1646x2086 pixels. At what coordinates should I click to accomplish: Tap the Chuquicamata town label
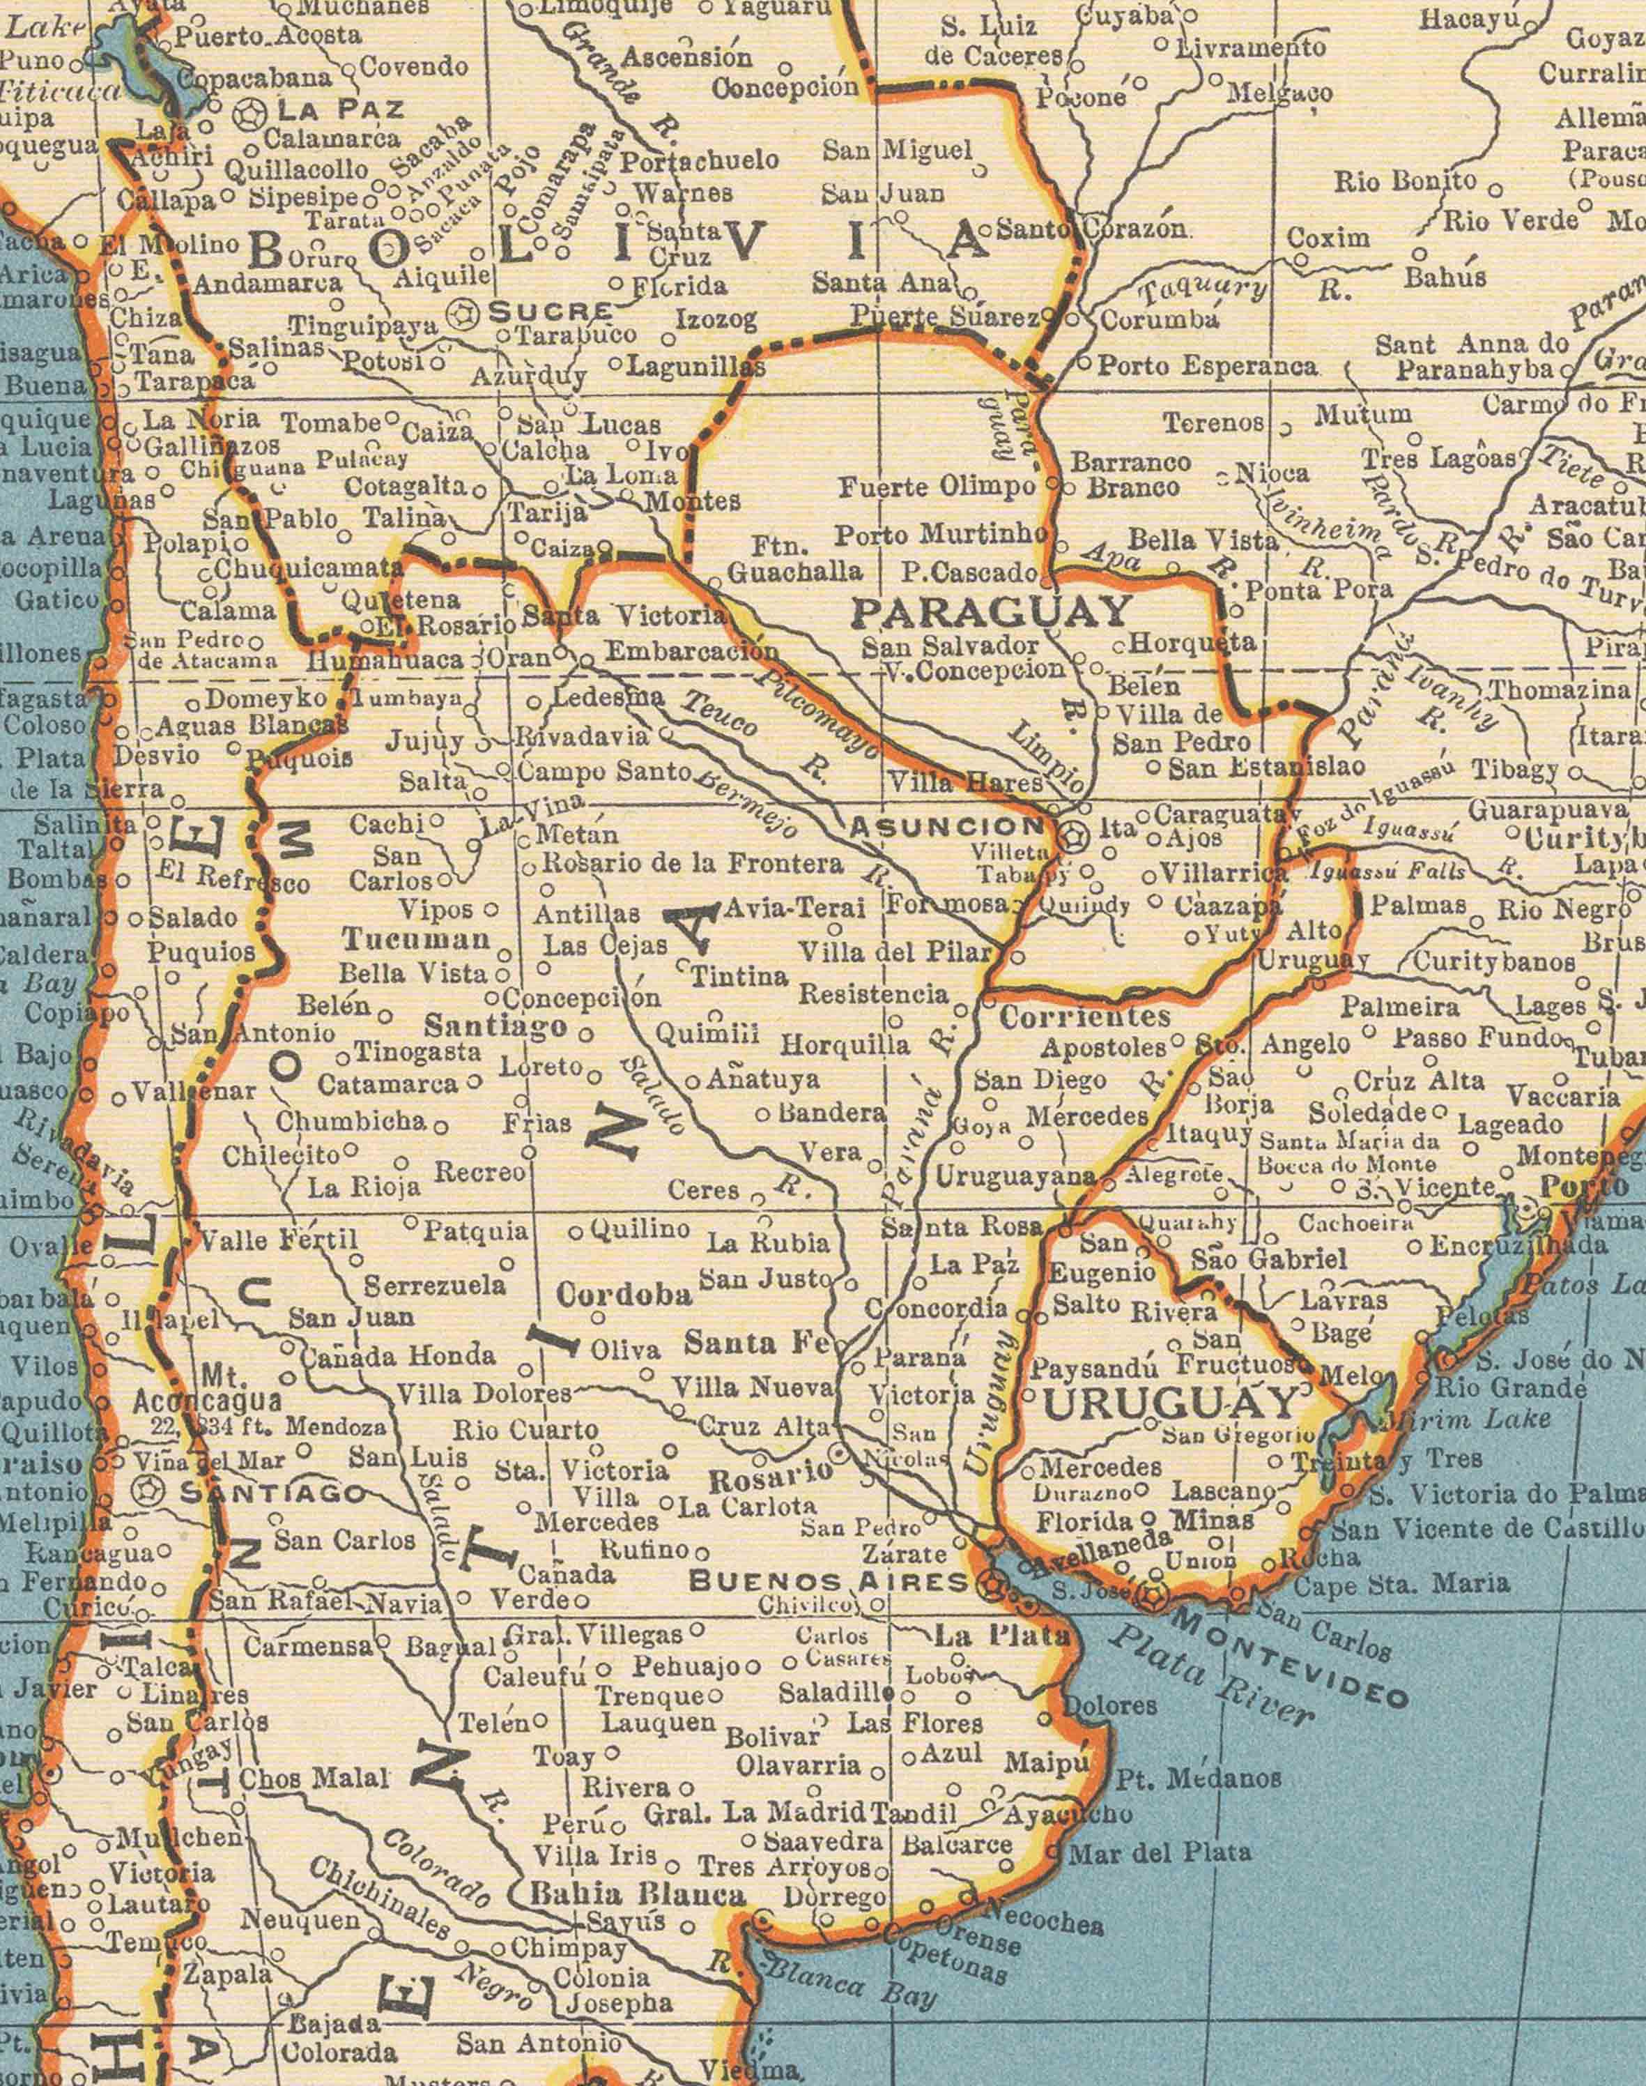click(x=309, y=568)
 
